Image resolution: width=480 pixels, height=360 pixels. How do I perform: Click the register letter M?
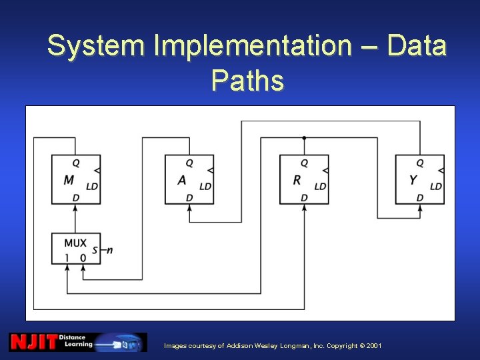(x=69, y=180)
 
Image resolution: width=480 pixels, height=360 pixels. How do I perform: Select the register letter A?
(x=182, y=180)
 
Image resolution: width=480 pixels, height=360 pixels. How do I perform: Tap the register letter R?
(x=297, y=180)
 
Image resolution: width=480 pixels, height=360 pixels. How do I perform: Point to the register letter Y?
(x=413, y=180)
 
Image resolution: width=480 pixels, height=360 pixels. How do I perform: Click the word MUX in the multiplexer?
(x=75, y=243)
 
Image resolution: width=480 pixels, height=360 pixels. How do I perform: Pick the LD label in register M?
(x=92, y=187)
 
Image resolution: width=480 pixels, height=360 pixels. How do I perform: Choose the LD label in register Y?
(x=436, y=187)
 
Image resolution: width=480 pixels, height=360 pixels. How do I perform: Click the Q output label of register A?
(x=189, y=163)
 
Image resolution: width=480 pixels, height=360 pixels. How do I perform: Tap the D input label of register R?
(x=304, y=197)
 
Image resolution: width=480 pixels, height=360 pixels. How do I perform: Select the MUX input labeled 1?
(x=67, y=257)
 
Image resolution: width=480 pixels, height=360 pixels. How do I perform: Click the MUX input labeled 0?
(x=83, y=257)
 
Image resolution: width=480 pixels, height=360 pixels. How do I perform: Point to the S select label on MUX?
(x=95, y=251)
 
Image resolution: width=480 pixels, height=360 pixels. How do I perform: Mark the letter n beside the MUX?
(x=109, y=251)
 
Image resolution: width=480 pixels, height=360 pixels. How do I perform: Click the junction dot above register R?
(x=304, y=138)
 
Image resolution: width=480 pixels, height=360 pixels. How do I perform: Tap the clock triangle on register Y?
(x=441, y=171)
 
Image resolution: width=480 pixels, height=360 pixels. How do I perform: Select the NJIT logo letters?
(x=32, y=342)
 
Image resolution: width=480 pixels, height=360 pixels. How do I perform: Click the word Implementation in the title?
(x=251, y=46)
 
